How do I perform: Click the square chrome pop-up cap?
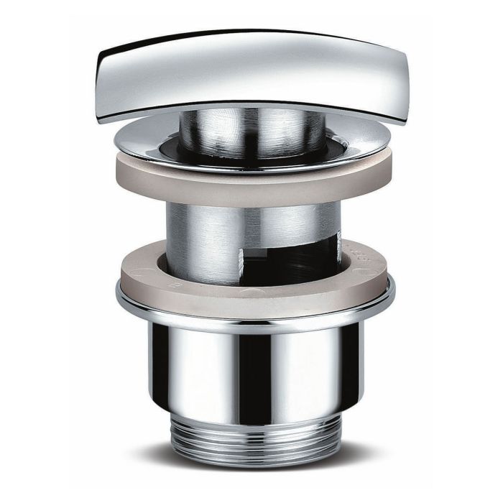[251, 72]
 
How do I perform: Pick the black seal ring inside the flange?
[172, 147]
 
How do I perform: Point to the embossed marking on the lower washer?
[364, 256]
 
